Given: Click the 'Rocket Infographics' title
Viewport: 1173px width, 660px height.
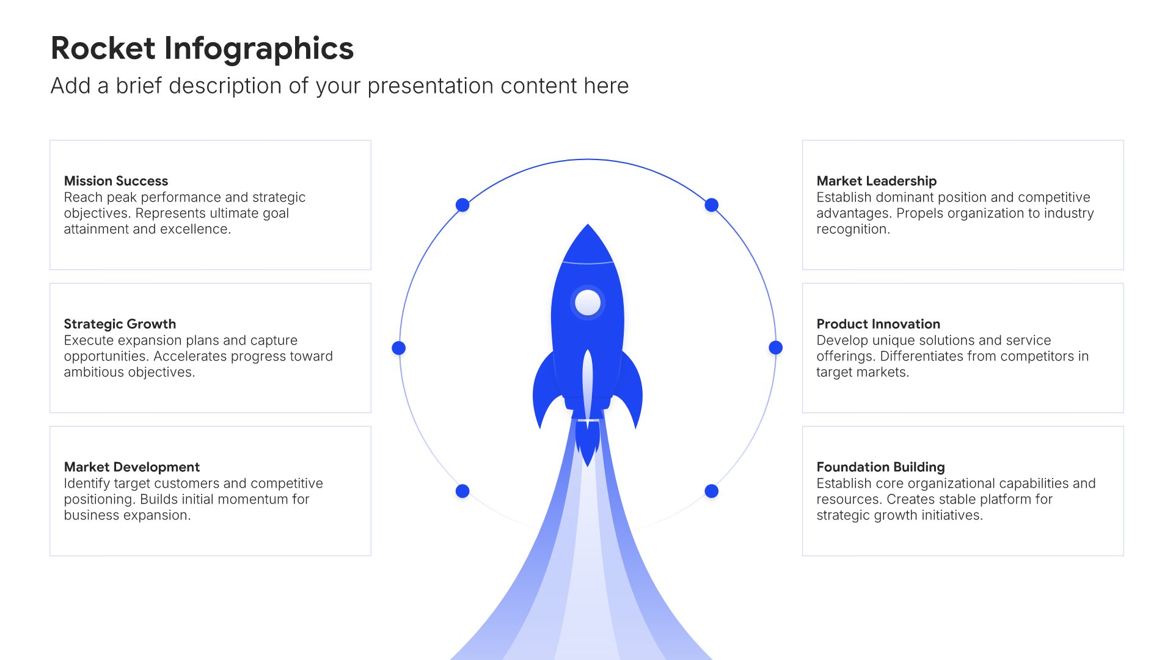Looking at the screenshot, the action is tap(202, 49).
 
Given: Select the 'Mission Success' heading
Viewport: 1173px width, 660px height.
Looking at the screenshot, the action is tap(116, 181).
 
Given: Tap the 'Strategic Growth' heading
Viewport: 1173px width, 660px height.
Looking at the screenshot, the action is tap(120, 324).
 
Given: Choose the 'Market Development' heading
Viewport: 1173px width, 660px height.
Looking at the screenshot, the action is tap(132, 467).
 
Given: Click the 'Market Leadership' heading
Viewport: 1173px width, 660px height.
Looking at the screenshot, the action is tap(877, 181).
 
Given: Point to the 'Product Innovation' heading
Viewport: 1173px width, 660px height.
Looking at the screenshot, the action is tap(879, 324).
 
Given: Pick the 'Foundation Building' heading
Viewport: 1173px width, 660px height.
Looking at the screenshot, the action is tap(881, 467).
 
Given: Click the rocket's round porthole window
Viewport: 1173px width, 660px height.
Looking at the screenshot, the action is tap(588, 302).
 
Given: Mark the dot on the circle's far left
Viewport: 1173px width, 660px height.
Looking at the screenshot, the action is tap(399, 348).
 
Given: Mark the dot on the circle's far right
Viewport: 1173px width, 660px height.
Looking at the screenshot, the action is tap(776, 348).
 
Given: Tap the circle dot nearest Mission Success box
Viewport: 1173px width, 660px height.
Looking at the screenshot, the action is tap(462, 205).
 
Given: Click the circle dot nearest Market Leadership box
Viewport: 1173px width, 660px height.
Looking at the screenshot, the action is tap(712, 205).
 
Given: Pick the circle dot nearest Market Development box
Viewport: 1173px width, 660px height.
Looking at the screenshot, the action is tap(462, 491).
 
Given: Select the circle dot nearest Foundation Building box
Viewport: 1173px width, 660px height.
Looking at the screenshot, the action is tap(712, 491).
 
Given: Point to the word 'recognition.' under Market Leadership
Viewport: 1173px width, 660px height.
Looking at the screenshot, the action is tap(853, 230).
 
